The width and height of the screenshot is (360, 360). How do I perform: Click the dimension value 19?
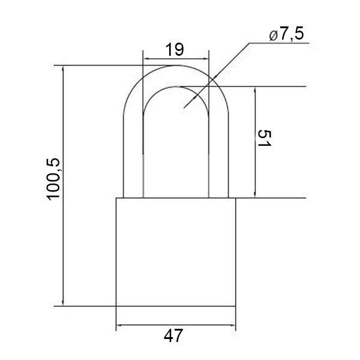click(175, 50)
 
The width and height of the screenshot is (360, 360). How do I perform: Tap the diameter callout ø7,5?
click(286, 34)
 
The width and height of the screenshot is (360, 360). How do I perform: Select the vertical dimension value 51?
click(264, 138)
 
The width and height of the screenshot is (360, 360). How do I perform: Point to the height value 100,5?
click(53, 179)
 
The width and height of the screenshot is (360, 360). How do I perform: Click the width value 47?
click(173, 335)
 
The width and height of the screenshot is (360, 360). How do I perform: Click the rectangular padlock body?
click(176, 252)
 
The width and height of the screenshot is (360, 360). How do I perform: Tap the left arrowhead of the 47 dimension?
click(119, 325)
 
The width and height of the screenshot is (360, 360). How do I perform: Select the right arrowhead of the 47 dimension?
click(233, 325)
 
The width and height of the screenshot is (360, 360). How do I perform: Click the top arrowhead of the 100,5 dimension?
click(63, 68)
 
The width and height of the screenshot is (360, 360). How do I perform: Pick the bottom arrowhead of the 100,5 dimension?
click(63, 303)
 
